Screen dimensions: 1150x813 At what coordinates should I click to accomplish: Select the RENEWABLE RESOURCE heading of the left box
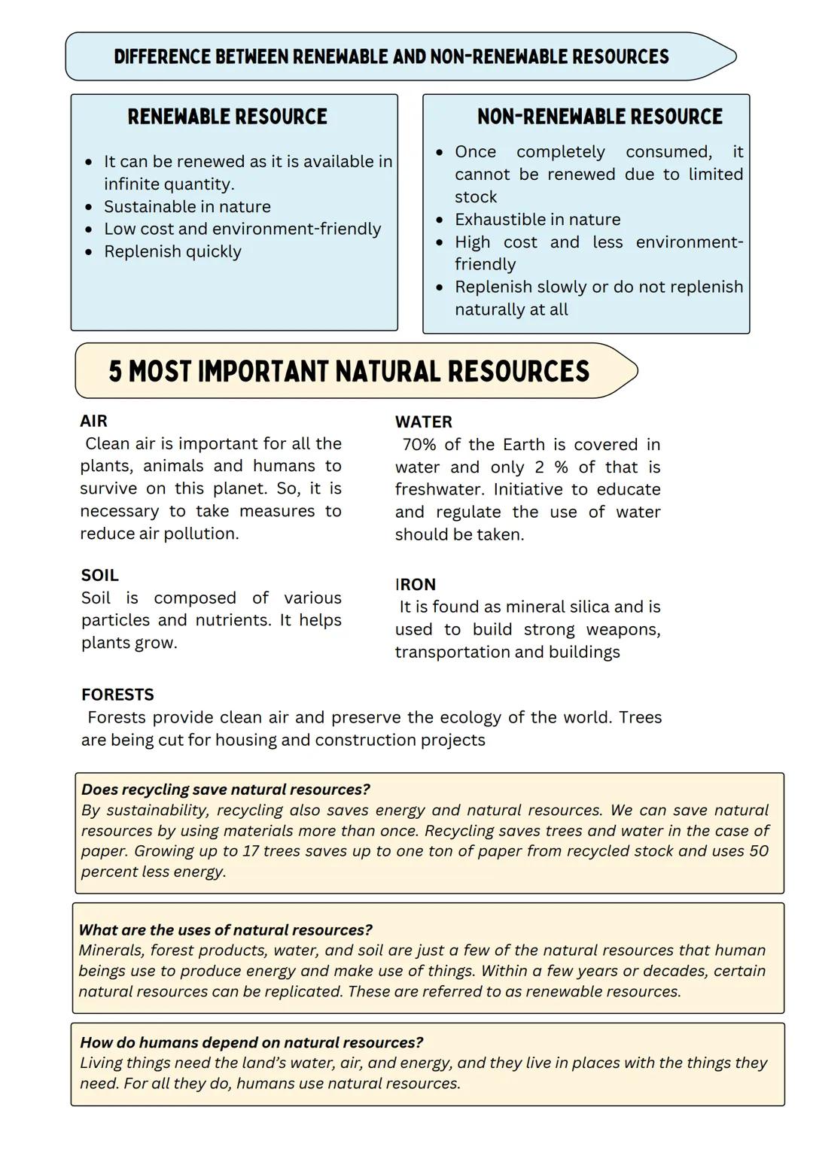pos(227,117)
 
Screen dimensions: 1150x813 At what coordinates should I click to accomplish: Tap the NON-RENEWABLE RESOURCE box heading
pos(599,117)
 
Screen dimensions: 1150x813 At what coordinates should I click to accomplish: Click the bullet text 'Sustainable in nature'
pos(187,207)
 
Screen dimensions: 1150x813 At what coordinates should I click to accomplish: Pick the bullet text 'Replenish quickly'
pos(172,252)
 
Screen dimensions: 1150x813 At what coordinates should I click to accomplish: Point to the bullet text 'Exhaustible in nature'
pos(537,220)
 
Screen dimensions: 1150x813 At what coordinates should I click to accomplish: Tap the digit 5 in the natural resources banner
pos(115,372)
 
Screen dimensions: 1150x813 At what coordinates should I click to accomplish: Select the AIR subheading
pos(94,421)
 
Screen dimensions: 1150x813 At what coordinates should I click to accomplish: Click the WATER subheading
pos(423,422)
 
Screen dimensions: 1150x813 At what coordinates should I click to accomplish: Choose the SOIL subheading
pos(99,576)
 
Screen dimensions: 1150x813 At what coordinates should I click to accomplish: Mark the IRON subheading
pos(415,585)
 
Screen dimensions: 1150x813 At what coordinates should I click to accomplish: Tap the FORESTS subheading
pos(117,695)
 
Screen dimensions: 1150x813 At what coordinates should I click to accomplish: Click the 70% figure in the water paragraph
pos(421,445)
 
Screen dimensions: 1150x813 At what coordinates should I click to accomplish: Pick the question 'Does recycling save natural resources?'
pos(225,789)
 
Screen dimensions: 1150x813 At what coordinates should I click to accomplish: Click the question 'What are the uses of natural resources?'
pos(225,930)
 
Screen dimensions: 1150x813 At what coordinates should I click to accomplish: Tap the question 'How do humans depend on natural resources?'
pos(251,1043)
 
